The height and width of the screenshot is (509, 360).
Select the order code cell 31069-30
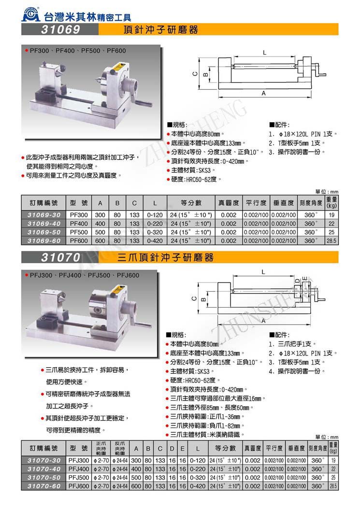[x=43, y=215]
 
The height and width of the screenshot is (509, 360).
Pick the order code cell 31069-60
[x=43, y=240]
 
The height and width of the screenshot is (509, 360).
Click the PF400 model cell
[x=78, y=224]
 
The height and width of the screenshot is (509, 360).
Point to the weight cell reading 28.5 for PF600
[x=331, y=240]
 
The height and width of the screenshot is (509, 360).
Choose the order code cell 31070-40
[x=43, y=469]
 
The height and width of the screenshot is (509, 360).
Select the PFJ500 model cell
[x=79, y=477]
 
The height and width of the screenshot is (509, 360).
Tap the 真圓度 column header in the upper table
[x=229, y=202]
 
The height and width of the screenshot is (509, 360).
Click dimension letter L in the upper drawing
[x=265, y=51]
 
